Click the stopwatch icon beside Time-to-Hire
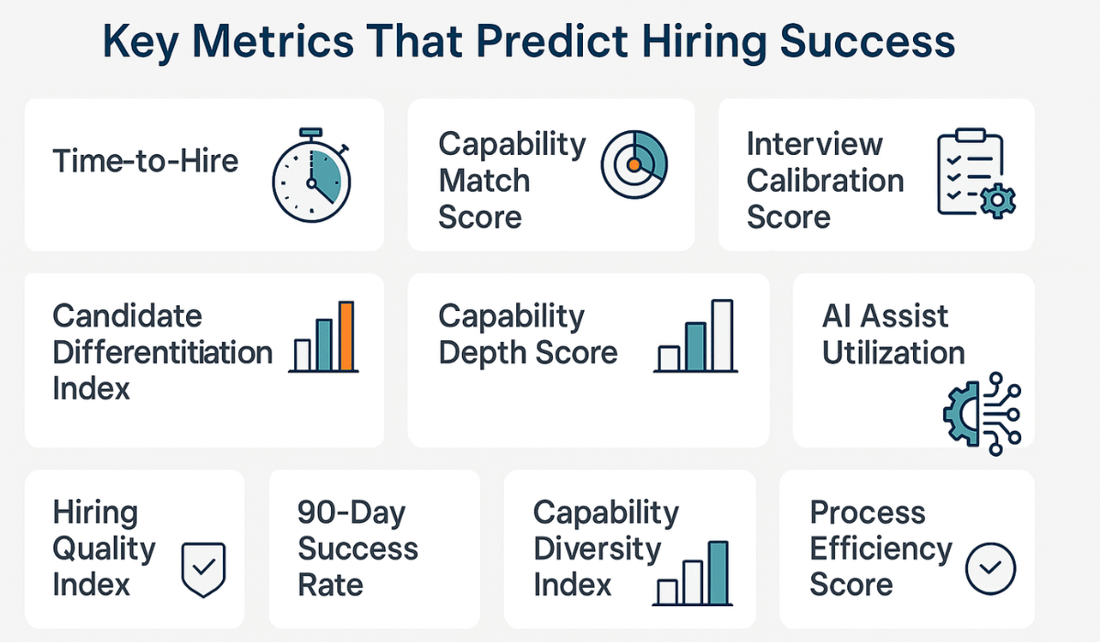point(311,173)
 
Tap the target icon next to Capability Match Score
point(633,164)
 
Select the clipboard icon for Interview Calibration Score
point(970,175)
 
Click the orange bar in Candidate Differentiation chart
point(346,335)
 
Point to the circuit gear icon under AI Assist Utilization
point(982,414)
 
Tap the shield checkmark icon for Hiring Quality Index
point(203,569)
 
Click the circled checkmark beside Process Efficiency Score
point(991,568)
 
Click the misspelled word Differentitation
point(162,353)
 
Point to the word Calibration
point(825,181)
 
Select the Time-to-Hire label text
point(145,161)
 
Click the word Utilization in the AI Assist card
point(893,353)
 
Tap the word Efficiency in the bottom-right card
point(881,548)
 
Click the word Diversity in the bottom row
point(597,548)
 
